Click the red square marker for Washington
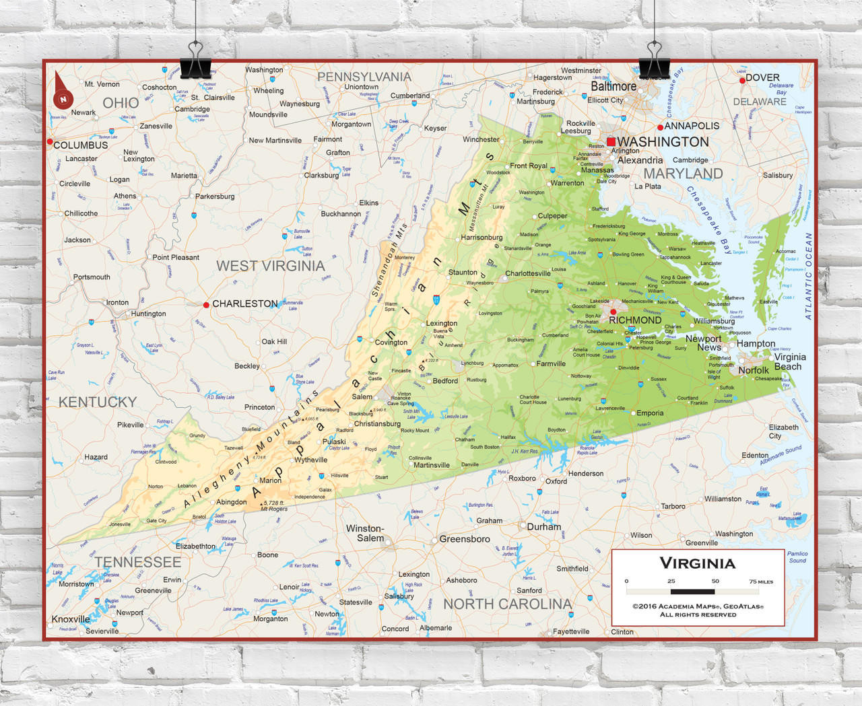tap(611, 141)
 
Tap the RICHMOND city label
tap(635, 320)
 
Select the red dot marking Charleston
tap(206, 305)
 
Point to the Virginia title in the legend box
tap(697, 563)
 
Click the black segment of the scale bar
tap(693, 592)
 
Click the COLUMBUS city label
tap(81, 145)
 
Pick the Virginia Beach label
tap(789, 362)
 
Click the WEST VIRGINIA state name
tap(270, 266)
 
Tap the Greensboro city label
tap(465, 539)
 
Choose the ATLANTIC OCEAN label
tap(809, 276)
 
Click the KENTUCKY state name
tap(98, 402)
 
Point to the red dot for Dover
tap(742, 80)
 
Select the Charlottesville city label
tap(528, 273)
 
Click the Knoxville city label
tap(71, 619)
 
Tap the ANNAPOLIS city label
tap(692, 126)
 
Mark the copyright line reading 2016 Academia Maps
tap(698, 606)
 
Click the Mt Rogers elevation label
tap(274, 509)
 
